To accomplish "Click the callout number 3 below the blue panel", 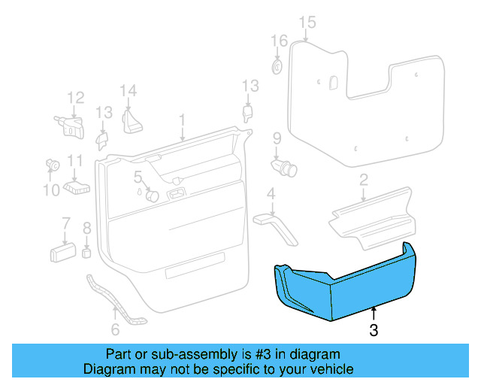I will click(374, 329).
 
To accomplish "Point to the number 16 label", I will click(279, 41).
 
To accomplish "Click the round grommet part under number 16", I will click(277, 68).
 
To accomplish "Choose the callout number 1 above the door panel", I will click(182, 120).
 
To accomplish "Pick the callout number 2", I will click(363, 180).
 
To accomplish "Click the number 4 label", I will click(271, 196).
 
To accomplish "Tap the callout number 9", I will click(277, 138).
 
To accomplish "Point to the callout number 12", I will click(76, 97).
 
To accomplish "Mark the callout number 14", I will click(129, 91).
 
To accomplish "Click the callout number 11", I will click(74, 160).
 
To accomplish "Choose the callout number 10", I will click(50, 190).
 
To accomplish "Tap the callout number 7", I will click(65, 223).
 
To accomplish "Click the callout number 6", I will click(115, 329).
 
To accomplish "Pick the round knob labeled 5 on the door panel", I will click(151, 196).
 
